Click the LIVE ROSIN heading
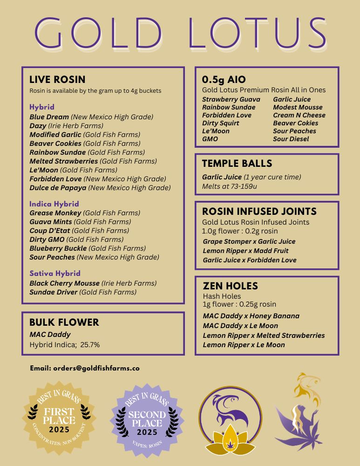[57, 80]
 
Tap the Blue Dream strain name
[49, 117]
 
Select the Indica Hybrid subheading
[54, 204]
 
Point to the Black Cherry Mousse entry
[64, 283]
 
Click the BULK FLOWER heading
[64, 322]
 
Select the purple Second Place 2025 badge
[147, 418]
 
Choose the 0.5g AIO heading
[224, 80]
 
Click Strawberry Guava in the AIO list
[231, 99]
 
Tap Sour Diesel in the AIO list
[291, 139]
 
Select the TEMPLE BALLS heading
[237, 164]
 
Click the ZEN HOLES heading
[230, 286]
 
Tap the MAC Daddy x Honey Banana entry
[251, 316]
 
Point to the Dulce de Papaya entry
[58, 188]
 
